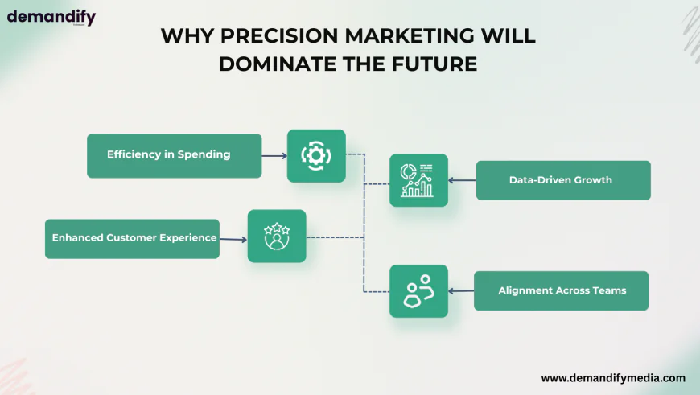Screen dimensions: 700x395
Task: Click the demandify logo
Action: point(51,18)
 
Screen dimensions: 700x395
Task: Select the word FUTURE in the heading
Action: point(434,64)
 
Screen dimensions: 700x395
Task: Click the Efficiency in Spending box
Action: point(174,156)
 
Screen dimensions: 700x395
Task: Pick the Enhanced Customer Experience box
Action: point(132,239)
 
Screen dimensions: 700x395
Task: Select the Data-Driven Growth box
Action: point(563,180)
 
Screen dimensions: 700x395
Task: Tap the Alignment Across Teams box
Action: point(561,290)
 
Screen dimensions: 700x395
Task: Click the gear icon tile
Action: point(316,156)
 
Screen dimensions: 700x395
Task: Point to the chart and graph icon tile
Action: point(418,180)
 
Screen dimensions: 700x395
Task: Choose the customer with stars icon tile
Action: point(277,236)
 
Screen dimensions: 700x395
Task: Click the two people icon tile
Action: point(418,291)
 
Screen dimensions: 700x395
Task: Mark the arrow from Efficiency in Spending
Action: point(274,156)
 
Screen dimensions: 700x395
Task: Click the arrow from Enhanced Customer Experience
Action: point(233,239)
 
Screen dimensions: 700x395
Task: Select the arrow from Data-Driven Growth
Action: point(462,180)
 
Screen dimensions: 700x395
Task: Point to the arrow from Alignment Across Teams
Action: point(461,291)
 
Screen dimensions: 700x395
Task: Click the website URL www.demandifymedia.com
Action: point(613,378)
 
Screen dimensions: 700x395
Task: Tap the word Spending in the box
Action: point(204,155)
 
